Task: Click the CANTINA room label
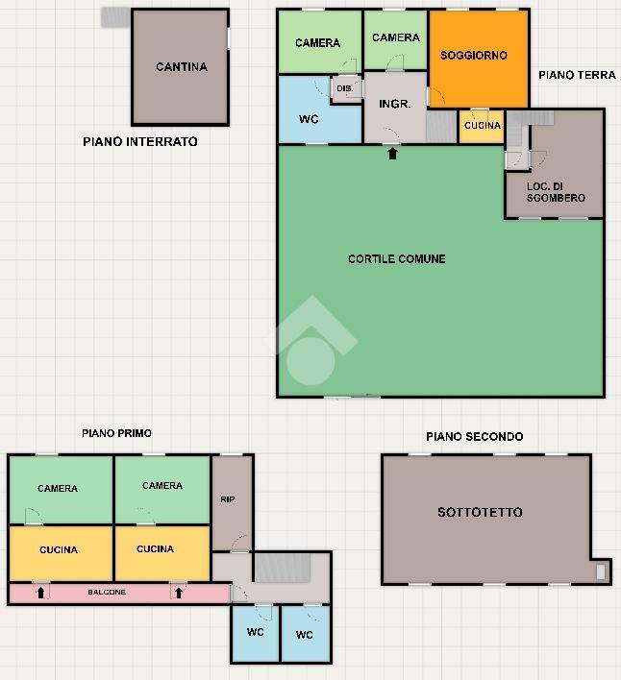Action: coord(182,67)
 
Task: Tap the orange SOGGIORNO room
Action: coord(479,59)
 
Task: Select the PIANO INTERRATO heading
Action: coord(140,142)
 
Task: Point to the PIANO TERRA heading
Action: coord(577,75)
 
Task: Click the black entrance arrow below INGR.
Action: coord(392,154)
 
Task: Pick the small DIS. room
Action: coord(346,89)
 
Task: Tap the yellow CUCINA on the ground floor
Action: coord(482,126)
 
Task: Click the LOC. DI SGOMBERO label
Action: coord(556,192)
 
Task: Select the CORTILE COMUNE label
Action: coord(397,259)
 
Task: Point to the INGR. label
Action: coord(394,104)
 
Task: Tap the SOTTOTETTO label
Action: coord(480,512)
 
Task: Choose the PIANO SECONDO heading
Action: coord(474,437)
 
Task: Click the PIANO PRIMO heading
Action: coord(116,433)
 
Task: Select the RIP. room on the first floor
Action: coord(232,503)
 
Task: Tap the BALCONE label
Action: coord(107,592)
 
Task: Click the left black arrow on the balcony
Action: coord(40,593)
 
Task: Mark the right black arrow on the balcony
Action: coord(179,593)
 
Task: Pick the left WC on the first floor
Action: coord(255,634)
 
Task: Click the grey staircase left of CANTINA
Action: coord(116,17)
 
